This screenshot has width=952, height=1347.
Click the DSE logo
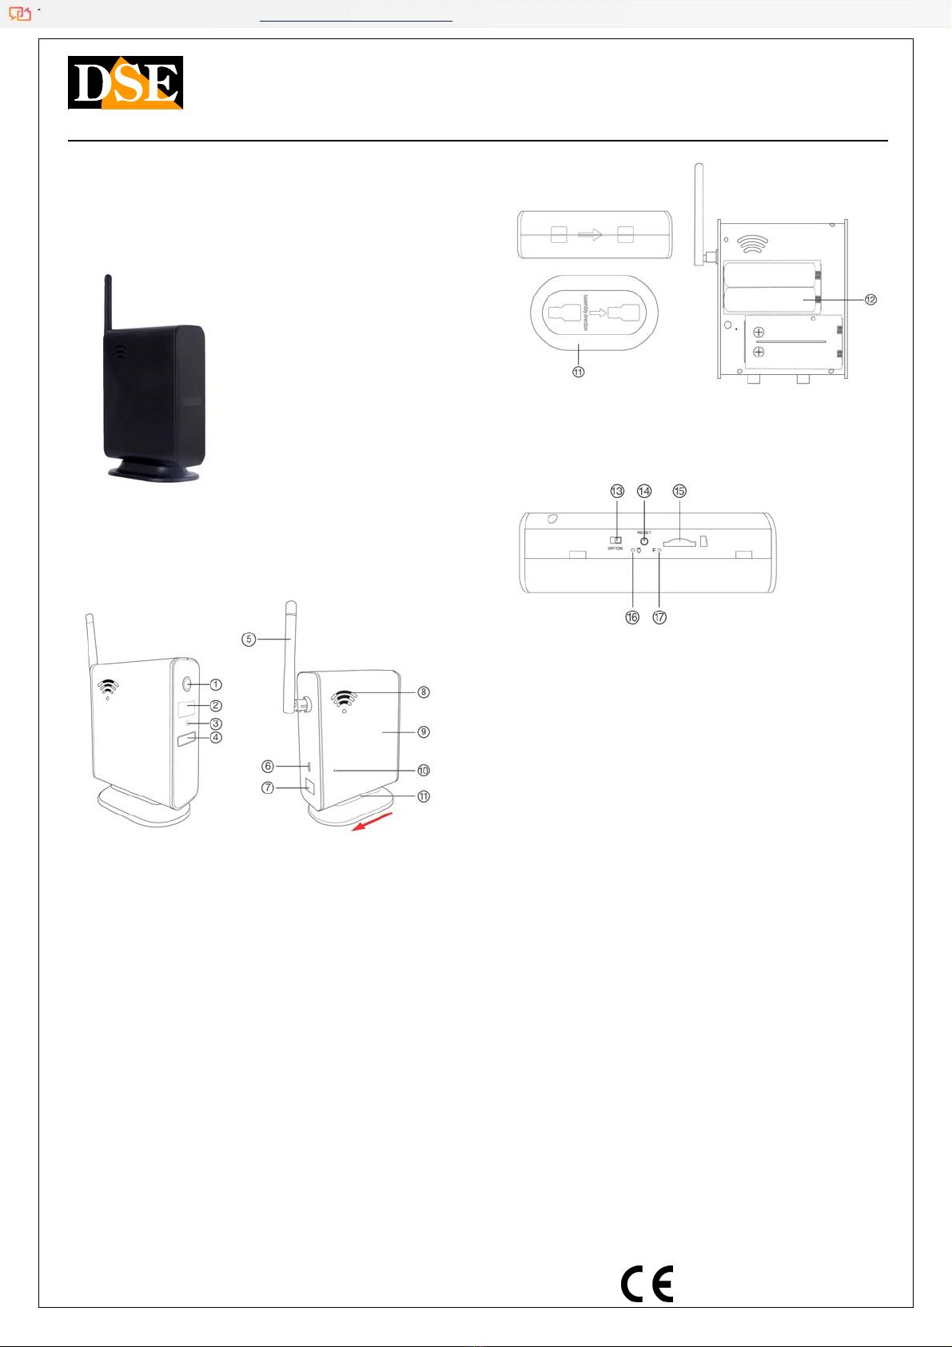(125, 82)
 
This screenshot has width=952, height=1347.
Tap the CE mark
(647, 1284)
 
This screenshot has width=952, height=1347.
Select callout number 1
(216, 684)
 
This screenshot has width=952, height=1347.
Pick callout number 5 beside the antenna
(249, 639)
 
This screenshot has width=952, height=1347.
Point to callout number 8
(424, 691)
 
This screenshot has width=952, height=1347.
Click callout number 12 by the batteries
(870, 299)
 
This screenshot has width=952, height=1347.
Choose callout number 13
(617, 491)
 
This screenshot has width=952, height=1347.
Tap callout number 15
(679, 491)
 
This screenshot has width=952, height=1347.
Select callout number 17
(659, 617)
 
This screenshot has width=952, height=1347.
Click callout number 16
(632, 617)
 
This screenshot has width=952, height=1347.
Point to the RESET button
(644, 541)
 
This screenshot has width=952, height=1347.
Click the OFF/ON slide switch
(615, 540)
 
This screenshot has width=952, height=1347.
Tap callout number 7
(268, 787)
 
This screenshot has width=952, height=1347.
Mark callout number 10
(424, 771)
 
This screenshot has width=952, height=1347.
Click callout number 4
(216, 737)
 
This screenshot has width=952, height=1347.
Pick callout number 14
(644, 491)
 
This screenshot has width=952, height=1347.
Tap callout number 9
(424, 731)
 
